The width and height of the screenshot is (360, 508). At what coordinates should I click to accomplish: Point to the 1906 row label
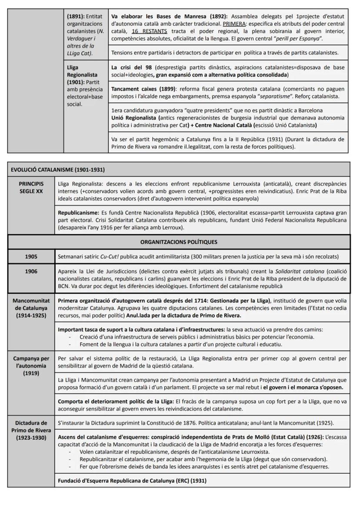point(31,271)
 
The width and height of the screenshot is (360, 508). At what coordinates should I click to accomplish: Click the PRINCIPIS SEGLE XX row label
point(31,187)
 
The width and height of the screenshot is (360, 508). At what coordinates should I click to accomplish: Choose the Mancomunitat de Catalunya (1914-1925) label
point(31,308)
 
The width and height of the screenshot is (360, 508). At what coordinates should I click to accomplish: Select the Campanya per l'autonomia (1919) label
point(31,366)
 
